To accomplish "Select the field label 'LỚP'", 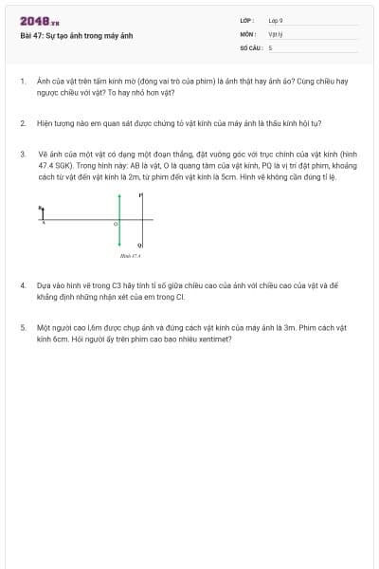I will pos(246,20).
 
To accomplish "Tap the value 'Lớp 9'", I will pos(275,20).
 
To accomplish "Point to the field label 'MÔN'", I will pos(246,33).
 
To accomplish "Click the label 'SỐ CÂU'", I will pos(249,46).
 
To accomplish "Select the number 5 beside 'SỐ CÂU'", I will pos(270,46).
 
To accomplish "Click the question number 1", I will pos(22,83).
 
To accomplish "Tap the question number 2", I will pos(22,123).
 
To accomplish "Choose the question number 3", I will pos(22,153).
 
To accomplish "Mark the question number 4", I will pos(22,284).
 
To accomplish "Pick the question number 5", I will pos(22,326).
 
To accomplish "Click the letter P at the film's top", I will pos(140,196).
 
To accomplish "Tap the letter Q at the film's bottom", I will pos(140,244).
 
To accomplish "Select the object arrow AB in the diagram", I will pos(42,213).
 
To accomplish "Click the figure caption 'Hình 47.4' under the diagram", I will pos(129,255).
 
